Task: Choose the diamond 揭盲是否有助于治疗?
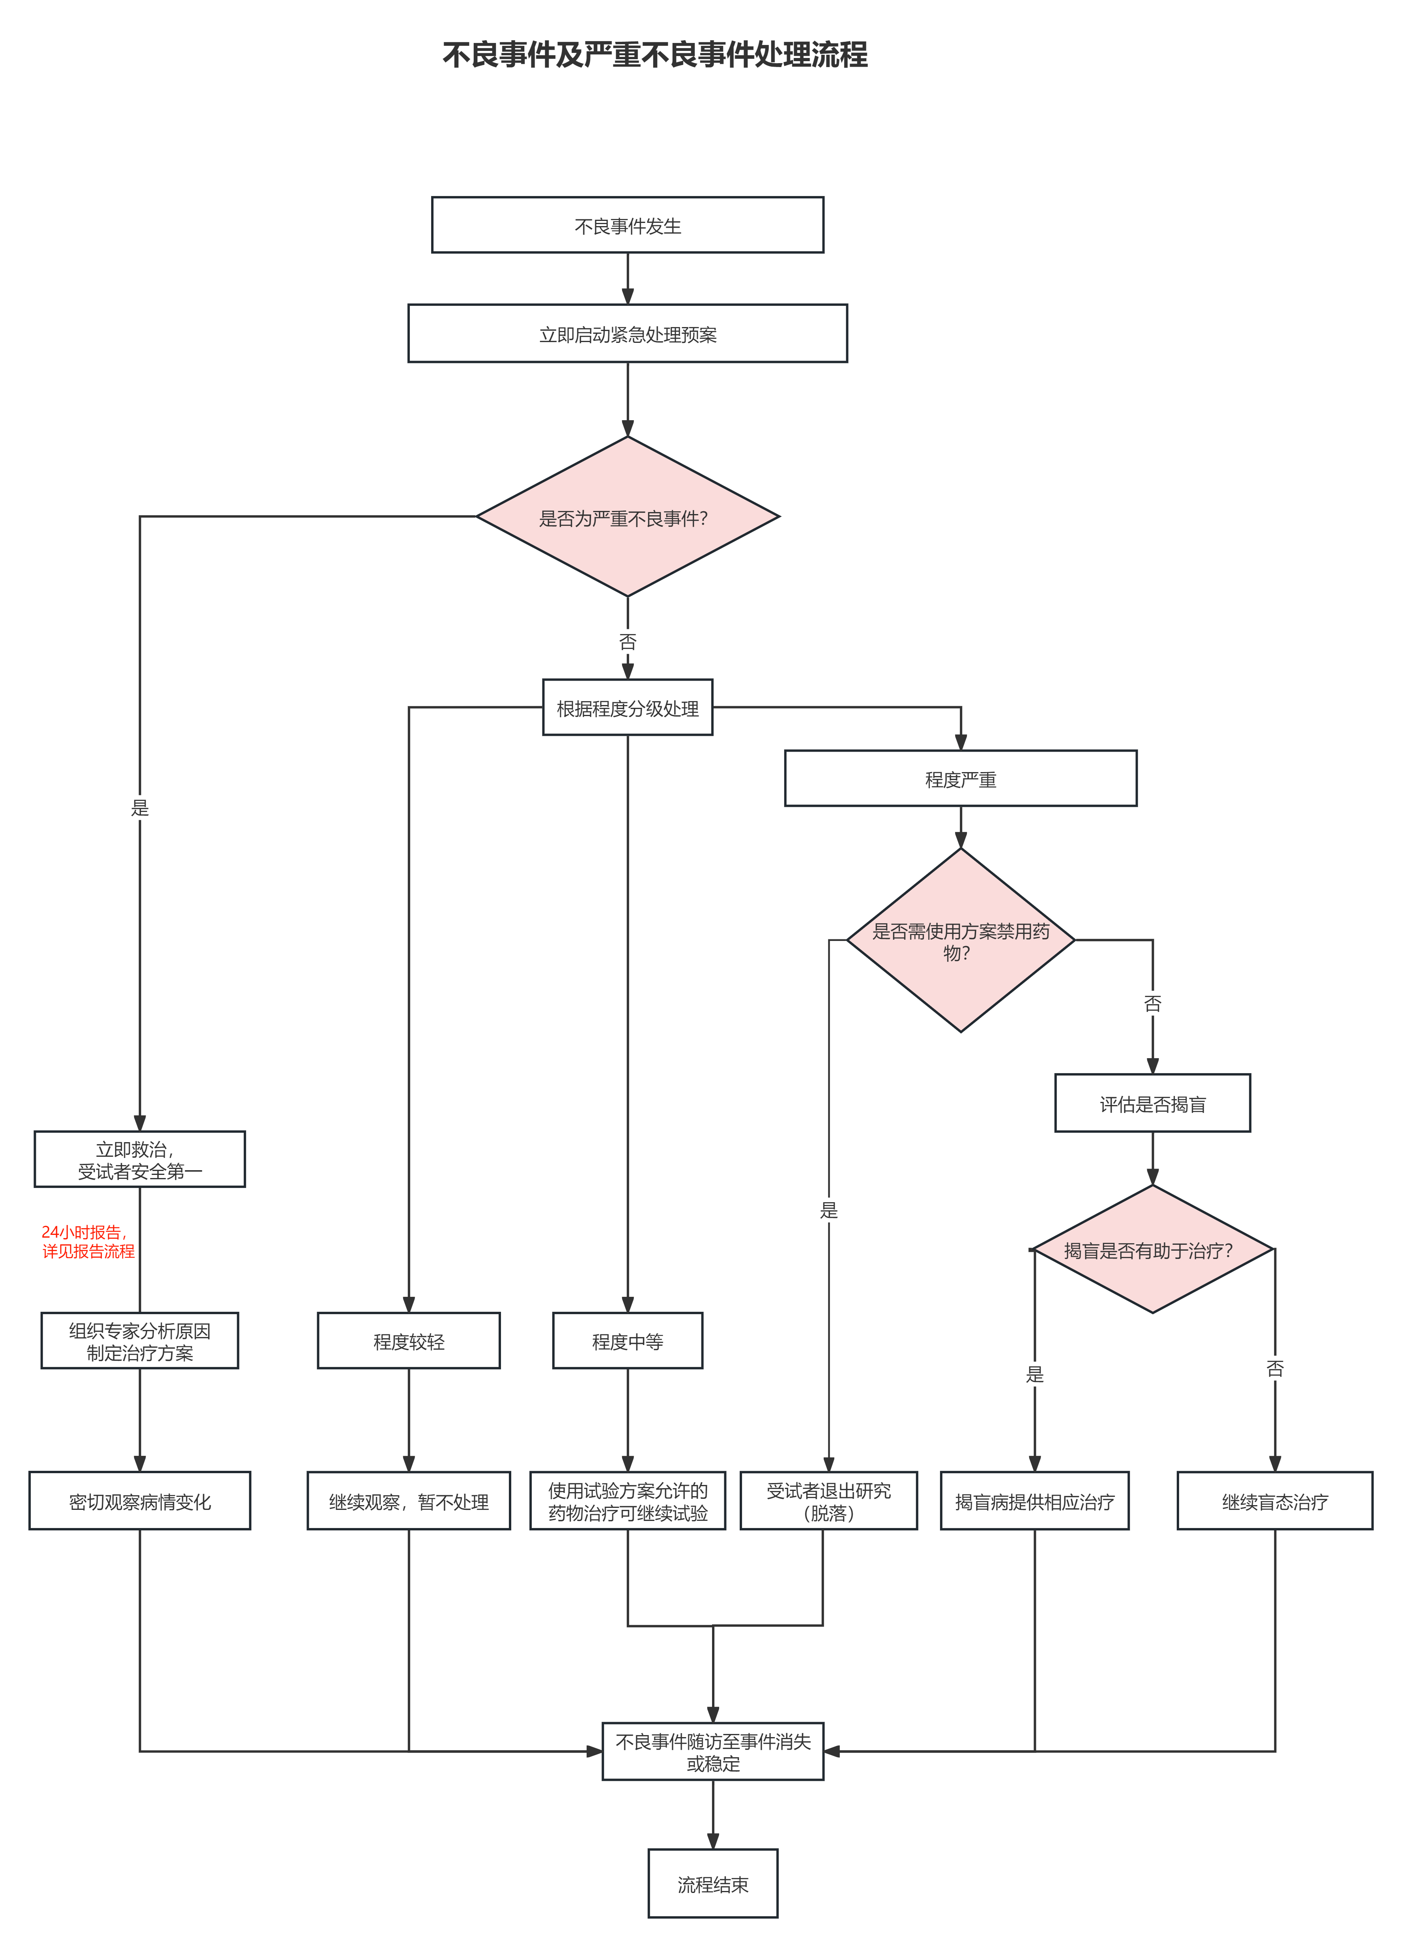click(1152, 1250)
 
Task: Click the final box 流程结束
click(712, 1883)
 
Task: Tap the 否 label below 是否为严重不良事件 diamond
click(628, 641)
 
